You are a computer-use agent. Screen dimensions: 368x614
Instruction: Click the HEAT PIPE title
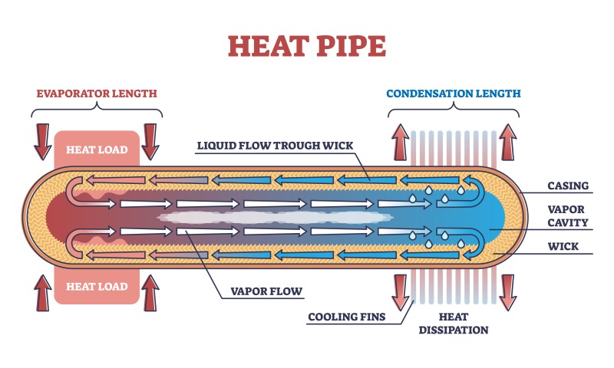click(307, 46)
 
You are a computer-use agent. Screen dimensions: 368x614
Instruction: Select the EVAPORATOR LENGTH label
click(97, 94)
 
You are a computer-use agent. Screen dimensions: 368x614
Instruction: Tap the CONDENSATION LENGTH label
click(453, 94)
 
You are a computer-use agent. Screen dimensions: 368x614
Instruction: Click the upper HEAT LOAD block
click(97, 149)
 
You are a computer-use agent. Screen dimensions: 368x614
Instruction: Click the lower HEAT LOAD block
click(97, 287)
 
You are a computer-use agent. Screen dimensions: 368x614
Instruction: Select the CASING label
click(568, 186)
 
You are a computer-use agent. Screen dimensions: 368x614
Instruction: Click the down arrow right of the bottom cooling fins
click(508, 290)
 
